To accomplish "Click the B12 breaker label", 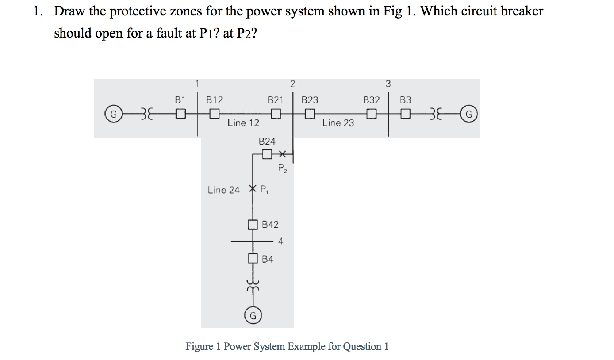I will (x=215, y=100).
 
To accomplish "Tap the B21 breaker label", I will (x=275, y=100).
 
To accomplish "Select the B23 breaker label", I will (x=310, y=100).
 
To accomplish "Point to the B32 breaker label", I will (x=371, y=100).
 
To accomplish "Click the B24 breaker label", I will (x=267, y=142).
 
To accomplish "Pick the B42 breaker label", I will (x=270, y=225).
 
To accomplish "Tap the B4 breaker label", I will (x=268, y=259).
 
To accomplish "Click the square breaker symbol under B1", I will (x=180, y=115).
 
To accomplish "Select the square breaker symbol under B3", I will (x=405, y=115).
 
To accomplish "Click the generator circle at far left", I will (x=113, y=115).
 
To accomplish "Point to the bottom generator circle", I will (x=253, y=316).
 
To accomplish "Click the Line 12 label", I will (x=243, y=123).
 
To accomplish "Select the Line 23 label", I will (x=338, y=123).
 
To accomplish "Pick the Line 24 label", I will (x=223, y=190).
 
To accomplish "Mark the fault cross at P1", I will (x=253, y=188).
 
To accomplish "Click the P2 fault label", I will (x=282, y=168).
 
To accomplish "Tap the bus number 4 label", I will (x=281, y=241).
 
